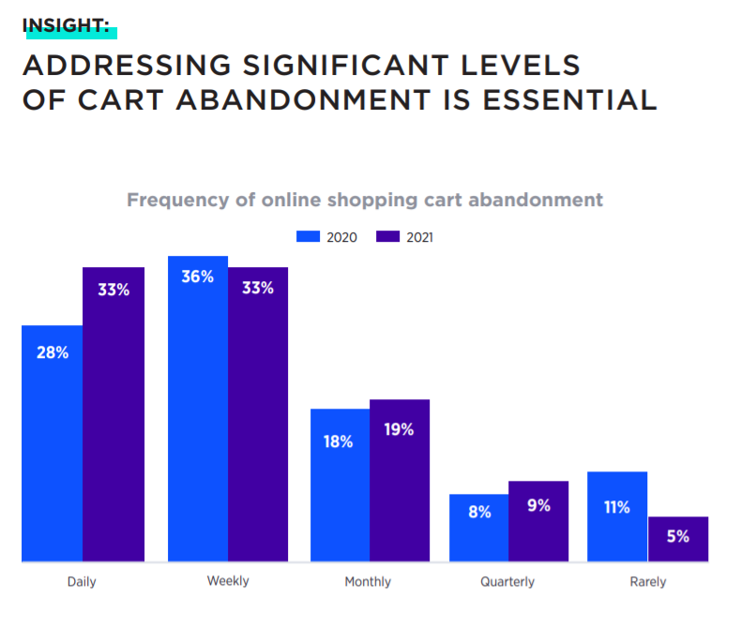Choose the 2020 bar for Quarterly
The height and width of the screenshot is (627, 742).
(x=478, y=528)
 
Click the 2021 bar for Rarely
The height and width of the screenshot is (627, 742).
(x=678, y=539)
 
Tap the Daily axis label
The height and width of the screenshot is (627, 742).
(x=82, y=582)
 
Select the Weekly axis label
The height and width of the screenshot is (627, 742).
(x=228, y=581)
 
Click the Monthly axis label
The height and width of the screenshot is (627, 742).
(x=368, y=582)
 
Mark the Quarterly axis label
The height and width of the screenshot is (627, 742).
(x=507, y=582)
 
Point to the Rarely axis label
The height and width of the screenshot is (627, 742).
(x=648, y=582)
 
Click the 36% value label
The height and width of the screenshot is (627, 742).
(x=198, y=277)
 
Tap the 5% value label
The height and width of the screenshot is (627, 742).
(x=678, y=537)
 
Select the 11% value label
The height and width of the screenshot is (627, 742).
(x=617, y=507)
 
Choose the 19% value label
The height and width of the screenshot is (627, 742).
(x=400, y=430)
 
